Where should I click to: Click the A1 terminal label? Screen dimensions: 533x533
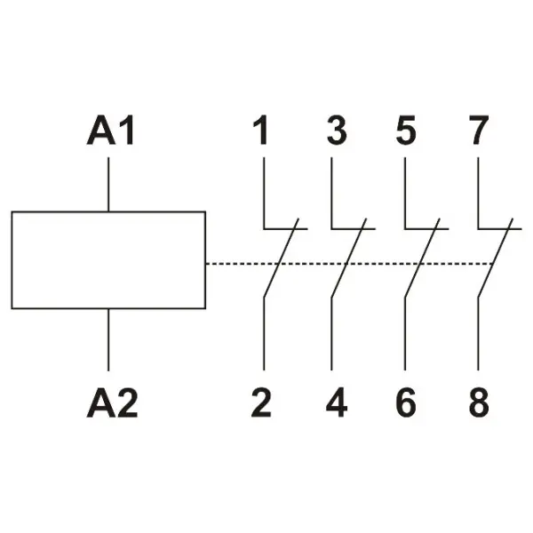pyautogui.click(x=111, y=131)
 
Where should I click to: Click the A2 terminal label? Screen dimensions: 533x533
pyautogui.click(x=112, y=402)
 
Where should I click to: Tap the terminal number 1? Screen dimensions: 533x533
pyautogui.click(x=260, y=131)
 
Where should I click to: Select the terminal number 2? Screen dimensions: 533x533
pyautogui.click(x=261, y=402)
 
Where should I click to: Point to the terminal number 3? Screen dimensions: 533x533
pyautogui.click(x=337, y=131)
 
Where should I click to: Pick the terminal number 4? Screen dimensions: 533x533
pyautogui.click(x=337, y=402)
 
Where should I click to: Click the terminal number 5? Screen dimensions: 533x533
pyautogui.click(x=406, y=131)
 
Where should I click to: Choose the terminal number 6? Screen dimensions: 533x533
pyautogui.click(x=406, y=402)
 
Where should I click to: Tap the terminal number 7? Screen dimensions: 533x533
pyautogui.click(x=479, y=131)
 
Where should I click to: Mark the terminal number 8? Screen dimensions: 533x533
pyautogui.click(x=479, y=402)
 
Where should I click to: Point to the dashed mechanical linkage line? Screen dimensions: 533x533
pyautogui.click(x=350, y=264)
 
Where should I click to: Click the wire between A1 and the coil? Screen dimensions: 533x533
pyautogui.click(x=108, y=184)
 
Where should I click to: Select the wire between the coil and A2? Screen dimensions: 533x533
pyautogui.click(x=108, y=339)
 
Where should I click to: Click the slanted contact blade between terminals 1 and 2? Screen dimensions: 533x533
pyautogui.click(x=281, y=258)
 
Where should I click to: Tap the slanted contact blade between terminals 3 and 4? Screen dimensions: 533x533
pyautogui.click(x=349, y=258)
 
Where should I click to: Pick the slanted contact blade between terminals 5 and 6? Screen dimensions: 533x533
pyautogui.click(x=423, y=258)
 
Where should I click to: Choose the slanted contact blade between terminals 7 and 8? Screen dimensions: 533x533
pyautogui.click(x=496, y=258)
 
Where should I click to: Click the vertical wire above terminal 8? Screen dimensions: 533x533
pyautogui.click(x=478, y=334)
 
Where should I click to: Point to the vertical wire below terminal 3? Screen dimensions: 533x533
pyautogui.click(x=331, y=193)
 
